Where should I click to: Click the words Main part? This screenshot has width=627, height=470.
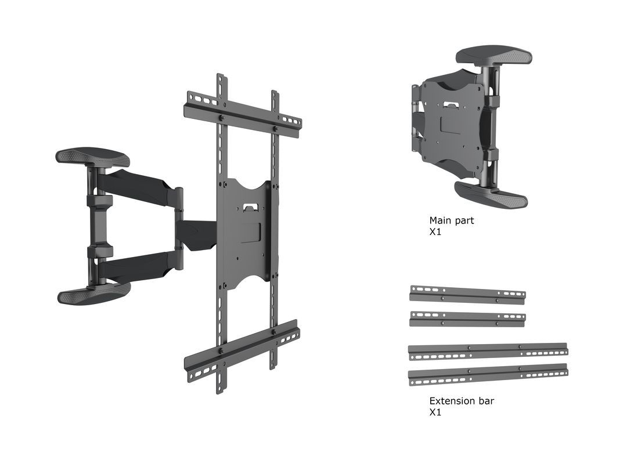click(451, 220)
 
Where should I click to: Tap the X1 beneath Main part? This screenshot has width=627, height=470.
click(435, 232)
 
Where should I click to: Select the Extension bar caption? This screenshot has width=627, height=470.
click(462, 401)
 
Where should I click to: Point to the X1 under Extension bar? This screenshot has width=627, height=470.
click(435, 413)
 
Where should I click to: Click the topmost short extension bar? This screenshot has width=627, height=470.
click(467, 294)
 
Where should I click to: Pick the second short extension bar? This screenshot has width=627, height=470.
click(467, 319)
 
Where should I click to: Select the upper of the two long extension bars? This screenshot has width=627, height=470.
click(488, 350)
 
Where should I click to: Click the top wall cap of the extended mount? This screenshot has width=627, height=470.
click(92, 157)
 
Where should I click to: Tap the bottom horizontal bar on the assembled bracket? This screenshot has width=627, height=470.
click(242, 348)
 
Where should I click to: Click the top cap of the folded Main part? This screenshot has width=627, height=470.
click(493, 56)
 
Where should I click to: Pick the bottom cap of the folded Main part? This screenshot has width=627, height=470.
click(491, 193)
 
